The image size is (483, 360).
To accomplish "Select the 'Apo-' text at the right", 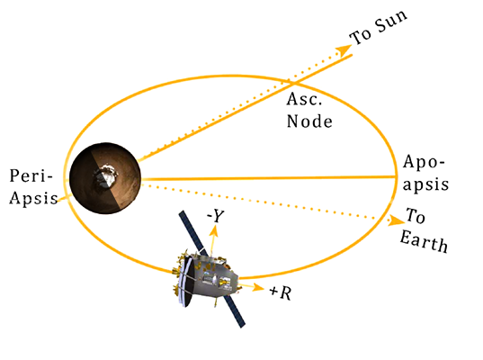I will [x=423, y=162].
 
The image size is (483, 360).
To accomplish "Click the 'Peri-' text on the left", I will [x=26, y=174].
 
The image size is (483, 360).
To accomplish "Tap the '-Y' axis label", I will [x=217, y=215].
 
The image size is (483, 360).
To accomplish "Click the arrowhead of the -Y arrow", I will [x=213, y=229].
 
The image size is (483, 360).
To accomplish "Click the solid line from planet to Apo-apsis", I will [x=270, y=178].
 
